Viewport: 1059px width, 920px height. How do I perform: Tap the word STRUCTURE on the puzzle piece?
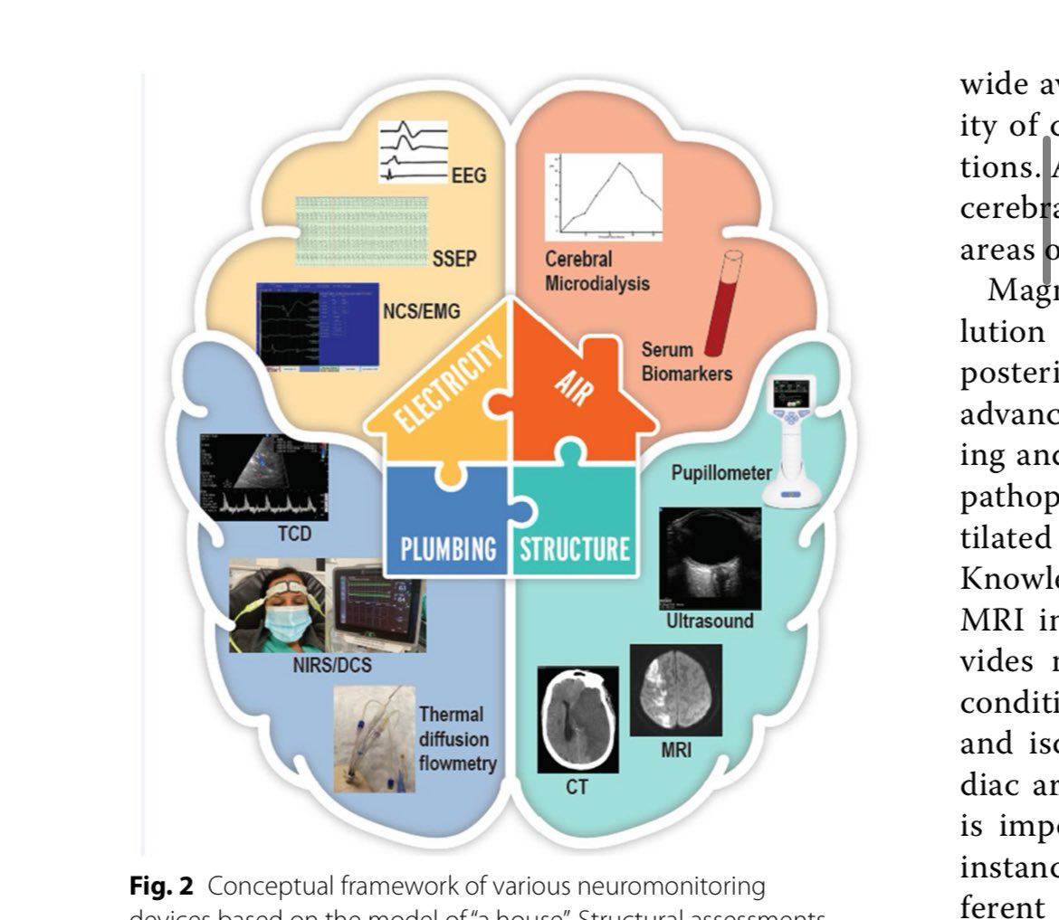click(x=574, y=549)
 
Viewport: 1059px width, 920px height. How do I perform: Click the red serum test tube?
click(x=722, y=303)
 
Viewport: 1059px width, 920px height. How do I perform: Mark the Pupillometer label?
click(x=721, y=472)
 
